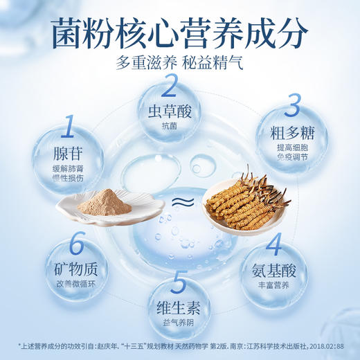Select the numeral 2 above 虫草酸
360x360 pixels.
pyautogui.click(x=170, y=89)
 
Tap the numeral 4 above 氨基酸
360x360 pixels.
pyautogui.click(x=274, y=244)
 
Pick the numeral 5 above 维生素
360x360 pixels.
pyautogui.click(x=179, y=283)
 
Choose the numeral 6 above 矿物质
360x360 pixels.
pyautogui.click(x=78, y=244)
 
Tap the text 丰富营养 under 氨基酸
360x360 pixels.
pyautogui.click(x=274, y=282)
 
